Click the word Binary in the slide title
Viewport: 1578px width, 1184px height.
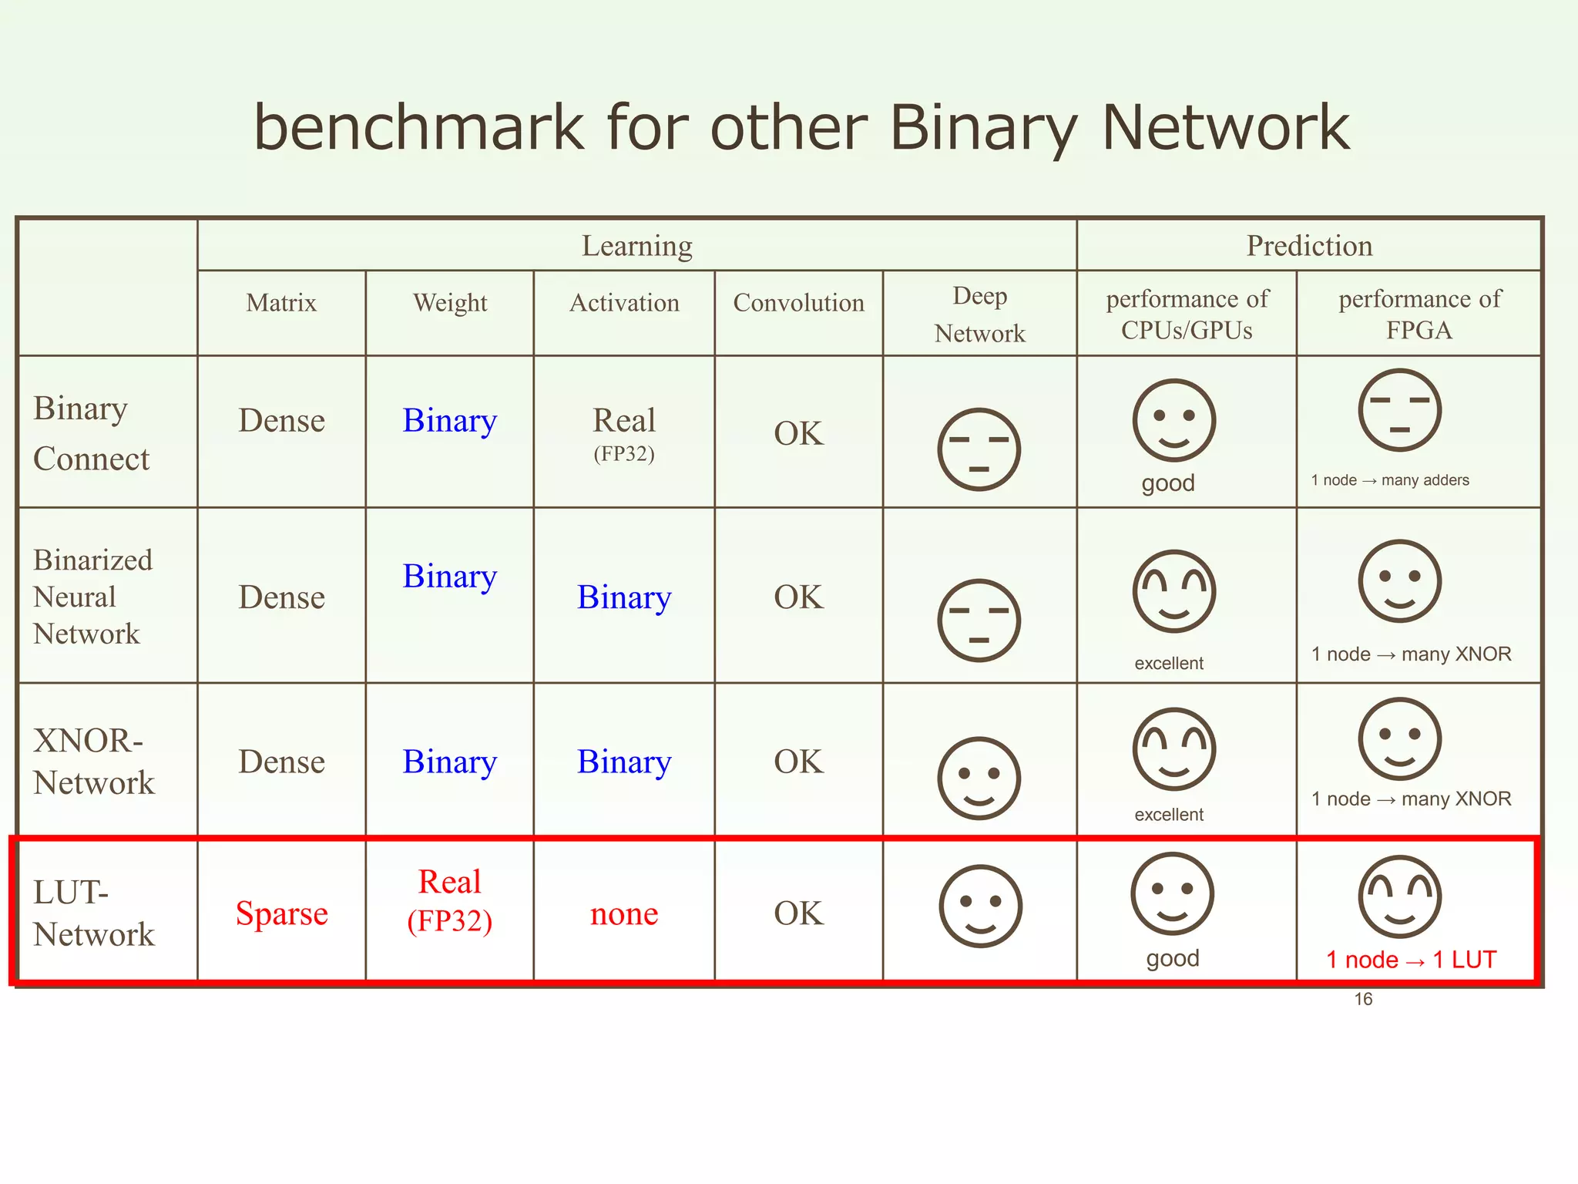point(982,129)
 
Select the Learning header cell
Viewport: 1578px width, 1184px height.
point(636,246)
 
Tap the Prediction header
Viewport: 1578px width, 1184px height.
point(1309,246)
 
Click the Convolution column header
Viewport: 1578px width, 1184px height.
point(798,303)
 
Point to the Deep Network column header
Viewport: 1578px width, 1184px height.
point(979,314)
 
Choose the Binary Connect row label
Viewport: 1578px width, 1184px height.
point(92,433)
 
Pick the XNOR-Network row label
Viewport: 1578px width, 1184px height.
point(94,762)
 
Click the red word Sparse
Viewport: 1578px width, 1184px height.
point(281,913)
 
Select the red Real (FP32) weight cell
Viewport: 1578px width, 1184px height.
point(450,900)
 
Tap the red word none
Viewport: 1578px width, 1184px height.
point(624,914)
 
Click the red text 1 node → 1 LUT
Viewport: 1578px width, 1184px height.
point(1411,960)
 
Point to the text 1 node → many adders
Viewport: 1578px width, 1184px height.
point(1390,480)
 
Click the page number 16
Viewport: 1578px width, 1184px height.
point(1363,999)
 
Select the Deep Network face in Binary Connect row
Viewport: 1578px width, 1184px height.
point(979,449)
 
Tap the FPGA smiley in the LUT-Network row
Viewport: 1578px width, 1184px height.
point(1399,896)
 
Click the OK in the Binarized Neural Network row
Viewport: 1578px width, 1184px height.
point(798,597)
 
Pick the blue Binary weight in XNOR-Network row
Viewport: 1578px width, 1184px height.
point(450,762)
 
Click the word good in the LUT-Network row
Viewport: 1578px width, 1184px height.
point(1173,958)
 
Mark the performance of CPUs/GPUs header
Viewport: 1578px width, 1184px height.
point(1187,314)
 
